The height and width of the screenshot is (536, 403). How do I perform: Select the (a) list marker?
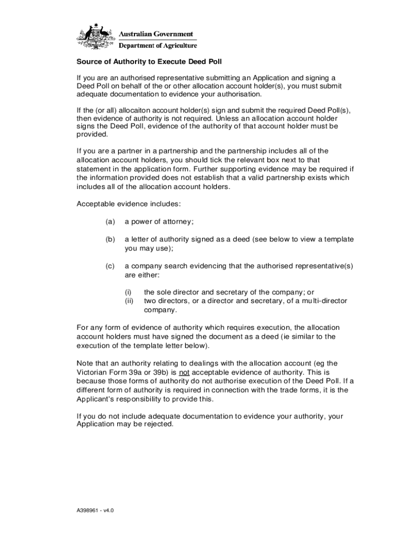[x=110, y=221]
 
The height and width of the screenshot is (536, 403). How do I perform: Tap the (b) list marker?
[x=110, y=239]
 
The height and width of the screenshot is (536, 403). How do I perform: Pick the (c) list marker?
[x=110, y=266]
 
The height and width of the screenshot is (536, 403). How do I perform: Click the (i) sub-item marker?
[x=127, y=292]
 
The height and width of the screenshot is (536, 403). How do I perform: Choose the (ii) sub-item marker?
[x=128, y=301]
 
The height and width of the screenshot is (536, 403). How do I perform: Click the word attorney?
[x=178, y=221]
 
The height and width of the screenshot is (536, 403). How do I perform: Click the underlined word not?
[x=185, y=372]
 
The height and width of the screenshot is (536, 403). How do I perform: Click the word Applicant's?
[x=95, y=399]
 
